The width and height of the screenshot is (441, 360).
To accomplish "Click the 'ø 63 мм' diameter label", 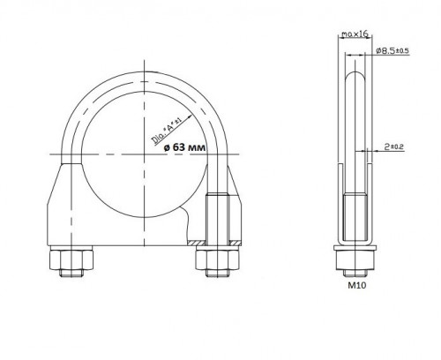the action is point(184,146).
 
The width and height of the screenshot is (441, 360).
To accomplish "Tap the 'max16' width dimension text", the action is point(355,34).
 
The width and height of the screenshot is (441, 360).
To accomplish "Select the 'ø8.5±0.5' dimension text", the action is point(392,50).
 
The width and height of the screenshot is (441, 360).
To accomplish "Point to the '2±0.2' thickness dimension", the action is point(394,146).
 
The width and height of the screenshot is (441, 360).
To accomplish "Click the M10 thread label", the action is point(357,285).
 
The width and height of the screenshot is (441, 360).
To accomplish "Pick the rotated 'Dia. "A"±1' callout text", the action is point(167,131).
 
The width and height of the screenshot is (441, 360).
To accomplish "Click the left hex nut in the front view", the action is point(71,259).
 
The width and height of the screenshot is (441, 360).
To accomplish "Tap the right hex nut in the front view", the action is point(218,259).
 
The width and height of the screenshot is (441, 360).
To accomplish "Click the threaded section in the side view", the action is point(355,217).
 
